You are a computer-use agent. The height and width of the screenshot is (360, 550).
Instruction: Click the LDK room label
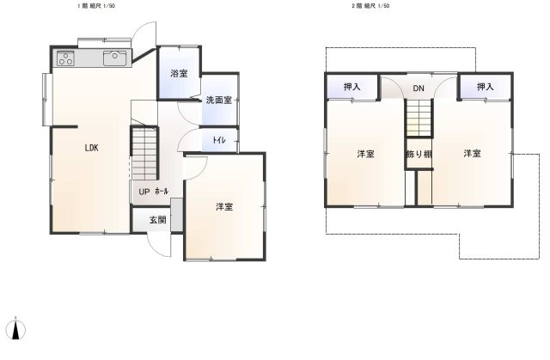(92, 148)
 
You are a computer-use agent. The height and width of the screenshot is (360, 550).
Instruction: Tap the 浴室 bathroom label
(179, 74)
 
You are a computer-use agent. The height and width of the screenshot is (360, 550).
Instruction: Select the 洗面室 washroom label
(219, 101)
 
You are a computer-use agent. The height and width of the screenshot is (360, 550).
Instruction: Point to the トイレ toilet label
(219, 140)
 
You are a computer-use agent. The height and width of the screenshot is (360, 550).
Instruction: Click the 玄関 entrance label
(158, 220)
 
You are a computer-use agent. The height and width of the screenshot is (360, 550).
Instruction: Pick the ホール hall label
(162, 191)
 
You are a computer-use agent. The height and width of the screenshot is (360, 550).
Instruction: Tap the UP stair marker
(144, 192)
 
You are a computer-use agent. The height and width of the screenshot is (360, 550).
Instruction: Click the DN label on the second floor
(419, 88)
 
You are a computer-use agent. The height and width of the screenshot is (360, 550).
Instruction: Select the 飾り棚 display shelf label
(419, 155)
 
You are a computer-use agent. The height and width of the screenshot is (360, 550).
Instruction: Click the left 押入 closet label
(351, 87)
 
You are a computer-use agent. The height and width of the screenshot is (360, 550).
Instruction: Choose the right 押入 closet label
(486, 87)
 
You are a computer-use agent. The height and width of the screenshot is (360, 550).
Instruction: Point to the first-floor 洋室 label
(224, 207)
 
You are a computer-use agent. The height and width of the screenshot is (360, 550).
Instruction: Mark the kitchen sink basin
(114, 58)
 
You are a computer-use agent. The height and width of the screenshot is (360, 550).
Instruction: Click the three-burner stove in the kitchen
(65, 58)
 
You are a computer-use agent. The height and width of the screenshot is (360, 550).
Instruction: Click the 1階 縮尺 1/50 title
(96, 6)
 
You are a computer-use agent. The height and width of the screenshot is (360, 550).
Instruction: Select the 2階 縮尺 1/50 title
(370, 6)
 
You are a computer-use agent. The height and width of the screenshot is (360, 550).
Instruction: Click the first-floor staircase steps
(144, 153)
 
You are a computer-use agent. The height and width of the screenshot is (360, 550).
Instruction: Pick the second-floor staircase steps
(419, 118)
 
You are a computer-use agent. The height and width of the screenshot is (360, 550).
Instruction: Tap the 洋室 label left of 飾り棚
(366, 155)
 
